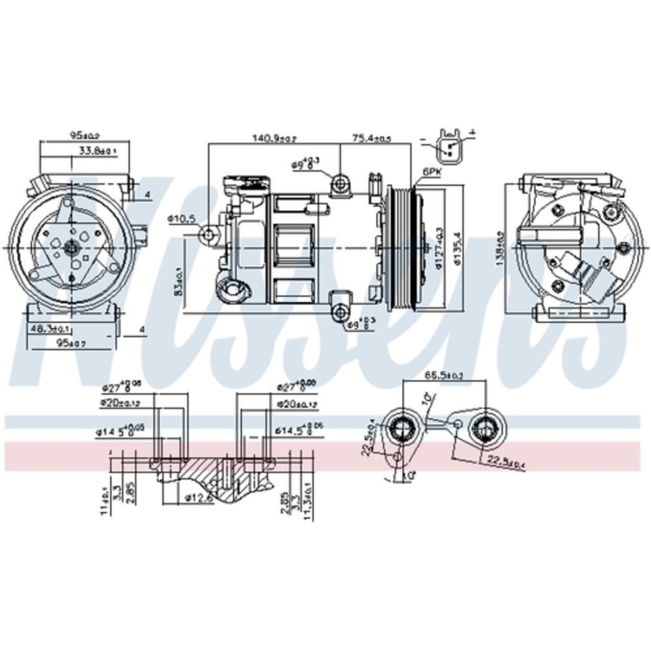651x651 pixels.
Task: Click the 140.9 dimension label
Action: [x=275, y=138]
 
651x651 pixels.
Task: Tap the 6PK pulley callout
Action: [x=432, y=172]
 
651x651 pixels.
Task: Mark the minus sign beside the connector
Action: [x=424, y=139]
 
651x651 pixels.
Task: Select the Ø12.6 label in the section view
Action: [x=195, y=498]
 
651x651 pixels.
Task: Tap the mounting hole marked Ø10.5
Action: [x=208, y=234]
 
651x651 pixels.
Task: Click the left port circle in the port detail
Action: [x=400, y=428]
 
